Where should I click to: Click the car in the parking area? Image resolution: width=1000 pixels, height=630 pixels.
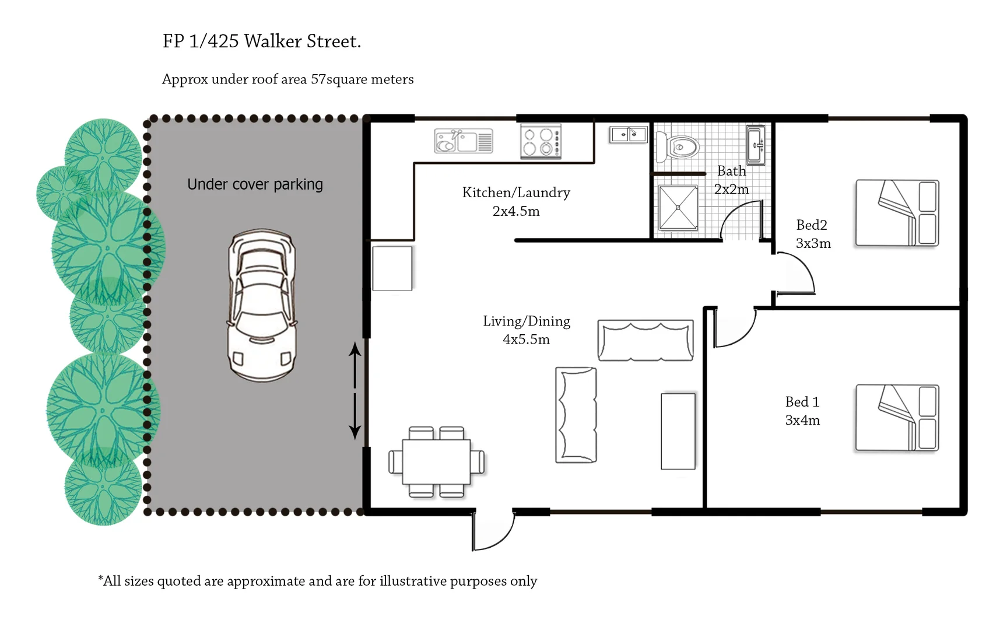(x=261, y=305)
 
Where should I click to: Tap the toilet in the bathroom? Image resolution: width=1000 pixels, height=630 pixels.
(x=678, y=146)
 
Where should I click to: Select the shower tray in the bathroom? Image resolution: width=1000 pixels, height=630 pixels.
(x=678, y=208)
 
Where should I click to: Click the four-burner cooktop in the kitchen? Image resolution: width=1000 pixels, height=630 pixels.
(x=541, y=141)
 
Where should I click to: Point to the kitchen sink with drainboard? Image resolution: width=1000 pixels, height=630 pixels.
(x=464, y=141)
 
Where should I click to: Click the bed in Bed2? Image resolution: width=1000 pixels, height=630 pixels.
(x=896, y=213)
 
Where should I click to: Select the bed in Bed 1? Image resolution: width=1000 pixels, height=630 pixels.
(x=896, y=417)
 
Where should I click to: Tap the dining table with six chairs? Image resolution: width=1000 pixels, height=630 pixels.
(x=436, y=462)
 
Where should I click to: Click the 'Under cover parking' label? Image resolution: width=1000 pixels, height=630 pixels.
(x=255, y=184)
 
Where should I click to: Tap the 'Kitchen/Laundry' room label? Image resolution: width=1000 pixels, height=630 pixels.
(x=516, y=192)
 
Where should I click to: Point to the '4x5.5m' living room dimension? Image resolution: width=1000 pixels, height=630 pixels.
(x=526, y=339)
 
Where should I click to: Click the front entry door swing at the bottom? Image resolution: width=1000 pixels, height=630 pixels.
(x=493, y=532)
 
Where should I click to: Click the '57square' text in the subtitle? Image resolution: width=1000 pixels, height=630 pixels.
(x=338, y=79)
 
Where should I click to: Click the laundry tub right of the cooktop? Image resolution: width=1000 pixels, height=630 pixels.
(x=628, y=135)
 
